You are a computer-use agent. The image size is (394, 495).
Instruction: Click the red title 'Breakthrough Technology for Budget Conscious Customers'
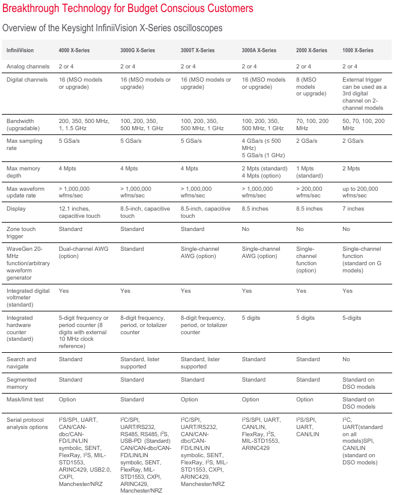pos(127,8)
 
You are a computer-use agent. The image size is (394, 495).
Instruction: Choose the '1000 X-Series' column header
pos(358,50)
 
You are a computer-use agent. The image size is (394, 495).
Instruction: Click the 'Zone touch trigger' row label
pos(21,233)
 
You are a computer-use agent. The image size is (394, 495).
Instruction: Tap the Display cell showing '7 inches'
pos(353,209)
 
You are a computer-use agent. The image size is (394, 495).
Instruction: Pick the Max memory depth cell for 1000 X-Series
pos(351,169)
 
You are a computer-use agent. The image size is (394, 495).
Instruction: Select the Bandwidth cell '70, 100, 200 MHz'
pos(313,124)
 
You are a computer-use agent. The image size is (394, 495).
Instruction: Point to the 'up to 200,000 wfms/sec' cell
pos(360,192)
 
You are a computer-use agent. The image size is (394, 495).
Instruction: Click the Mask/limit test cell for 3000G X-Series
pos(132,400)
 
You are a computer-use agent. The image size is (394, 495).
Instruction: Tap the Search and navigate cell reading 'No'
pos(347,359)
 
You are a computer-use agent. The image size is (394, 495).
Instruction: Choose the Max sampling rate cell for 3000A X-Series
pos(262,148)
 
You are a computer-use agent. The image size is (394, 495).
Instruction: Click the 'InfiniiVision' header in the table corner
pos(20,50)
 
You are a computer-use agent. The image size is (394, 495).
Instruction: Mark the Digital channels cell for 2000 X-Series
pos(312,86)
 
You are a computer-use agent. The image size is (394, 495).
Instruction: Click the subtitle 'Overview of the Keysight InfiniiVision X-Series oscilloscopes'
pos(112,28)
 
